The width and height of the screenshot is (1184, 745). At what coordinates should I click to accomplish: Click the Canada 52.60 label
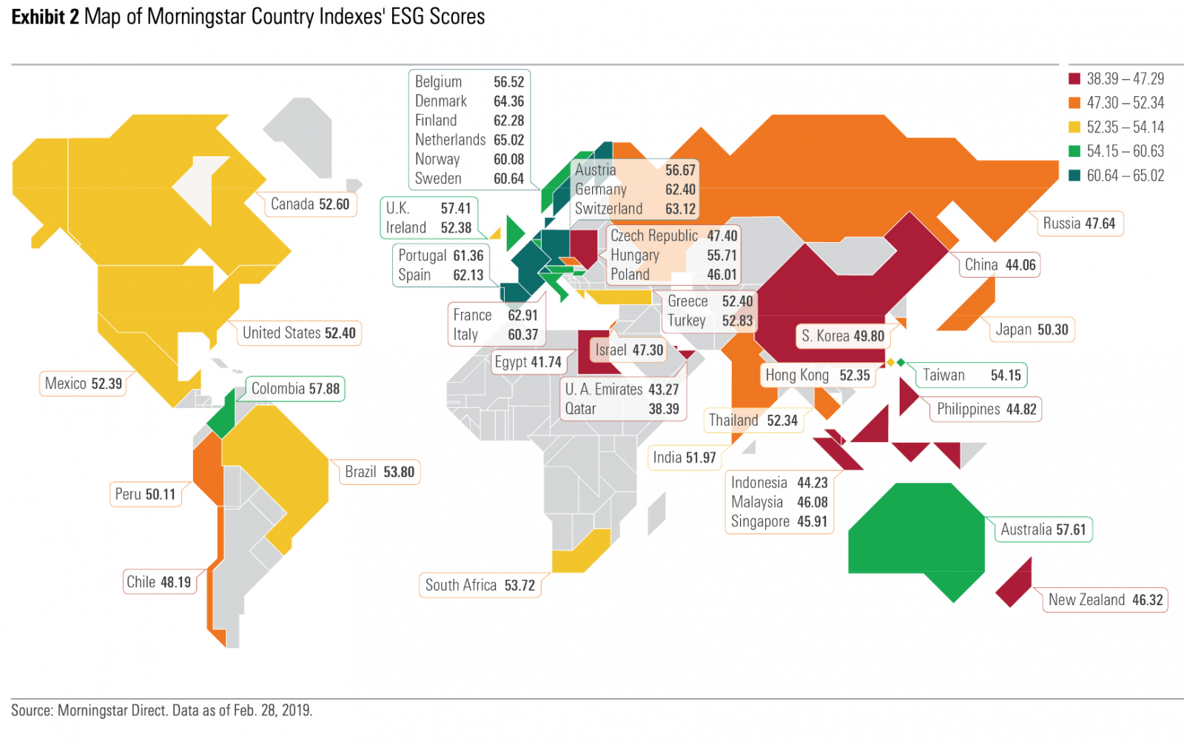tap(309, 204)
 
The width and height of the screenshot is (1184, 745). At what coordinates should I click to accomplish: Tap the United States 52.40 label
tap(299, 333)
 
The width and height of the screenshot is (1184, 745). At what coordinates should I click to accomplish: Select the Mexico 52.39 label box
tap(83, 384)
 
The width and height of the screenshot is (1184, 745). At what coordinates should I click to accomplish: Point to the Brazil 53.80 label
tap(379, 472)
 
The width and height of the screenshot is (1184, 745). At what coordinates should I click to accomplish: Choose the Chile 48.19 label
tap(158, 582)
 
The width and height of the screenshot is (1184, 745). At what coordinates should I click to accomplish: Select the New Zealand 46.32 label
tap(1106, 600)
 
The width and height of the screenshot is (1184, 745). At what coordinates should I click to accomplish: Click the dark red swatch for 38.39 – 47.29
tap(1074, 79)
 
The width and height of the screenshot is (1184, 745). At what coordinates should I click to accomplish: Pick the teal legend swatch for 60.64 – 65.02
tap(1074, 176)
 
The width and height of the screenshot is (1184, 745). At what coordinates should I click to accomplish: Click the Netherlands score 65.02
tap(508, 140)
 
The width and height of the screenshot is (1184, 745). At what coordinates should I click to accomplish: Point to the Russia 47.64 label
tap(1079, 224)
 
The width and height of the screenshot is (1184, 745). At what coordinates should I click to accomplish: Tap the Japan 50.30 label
tap(1032, 330)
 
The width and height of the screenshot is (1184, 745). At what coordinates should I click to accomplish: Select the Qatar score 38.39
tap(664, 409)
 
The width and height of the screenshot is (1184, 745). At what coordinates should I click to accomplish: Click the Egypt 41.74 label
tap(528, 362)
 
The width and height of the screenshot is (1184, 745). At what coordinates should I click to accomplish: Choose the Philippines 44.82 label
tap(986, 410)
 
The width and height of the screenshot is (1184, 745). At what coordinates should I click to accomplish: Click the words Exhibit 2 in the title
tap(44, 16)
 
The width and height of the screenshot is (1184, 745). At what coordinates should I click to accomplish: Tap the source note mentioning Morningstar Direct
tap(161, 711)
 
